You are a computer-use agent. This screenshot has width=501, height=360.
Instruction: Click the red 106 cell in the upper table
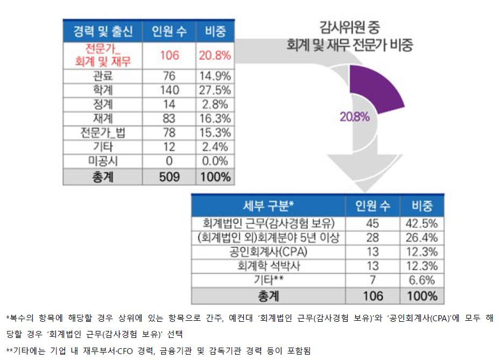(x=169, y=55)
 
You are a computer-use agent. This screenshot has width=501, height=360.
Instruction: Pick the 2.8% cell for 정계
(x=215, y=104)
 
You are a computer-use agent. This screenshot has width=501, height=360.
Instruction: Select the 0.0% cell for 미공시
(x=215, y=160)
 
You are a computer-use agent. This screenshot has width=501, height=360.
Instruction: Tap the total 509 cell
(x=169, y=177)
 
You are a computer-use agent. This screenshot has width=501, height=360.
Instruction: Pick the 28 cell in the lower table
(x=372, y=237)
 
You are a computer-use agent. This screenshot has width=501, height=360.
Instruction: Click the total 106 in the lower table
(x=372, y=295)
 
